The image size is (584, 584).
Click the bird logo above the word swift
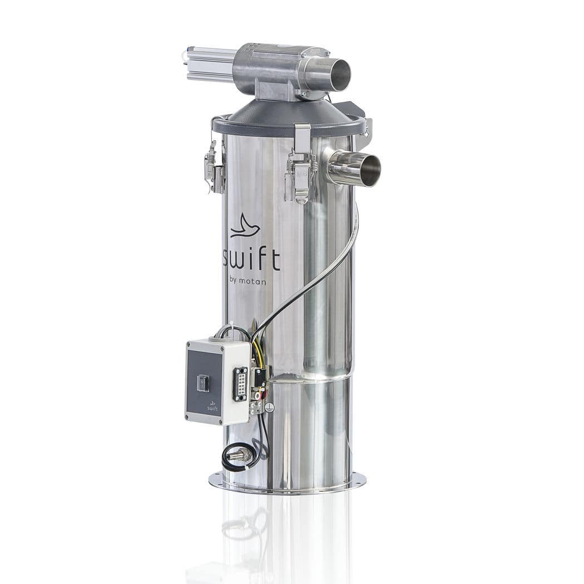tap(245, 226)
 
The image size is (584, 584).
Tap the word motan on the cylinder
tap(253, 282)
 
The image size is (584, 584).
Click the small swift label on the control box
tap(213, 408)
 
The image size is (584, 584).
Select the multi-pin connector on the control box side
tap(240, 384)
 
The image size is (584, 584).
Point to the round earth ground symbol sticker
tap(269, 408)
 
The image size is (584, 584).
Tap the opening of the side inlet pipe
tap(370, 171)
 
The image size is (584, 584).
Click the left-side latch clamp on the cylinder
tap(214, 167)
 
